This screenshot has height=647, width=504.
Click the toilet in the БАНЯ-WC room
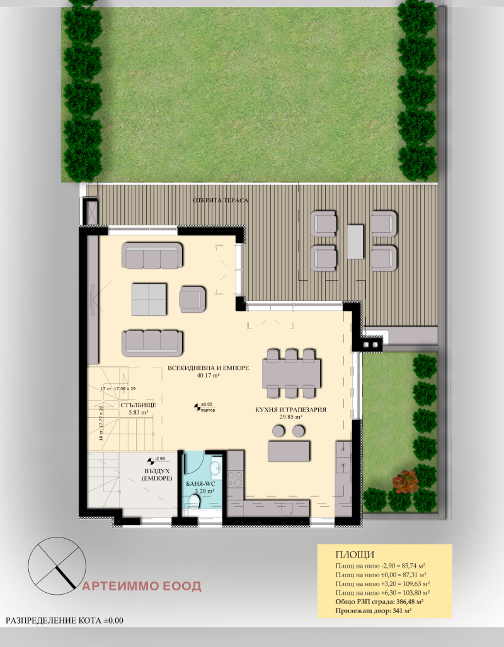click(x=194, y=502)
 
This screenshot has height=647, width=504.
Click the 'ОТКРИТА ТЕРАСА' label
click(x=220, y=200)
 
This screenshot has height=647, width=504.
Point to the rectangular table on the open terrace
click(x=355, y=242)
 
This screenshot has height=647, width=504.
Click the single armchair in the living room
click(x=192, y=298)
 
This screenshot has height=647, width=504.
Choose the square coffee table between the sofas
click(x=149, y=298)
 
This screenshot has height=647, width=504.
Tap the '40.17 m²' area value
click(x=207, y=376)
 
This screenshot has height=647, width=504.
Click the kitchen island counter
click(x=289, y=451)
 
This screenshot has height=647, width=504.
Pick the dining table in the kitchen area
click(x=292, y=374)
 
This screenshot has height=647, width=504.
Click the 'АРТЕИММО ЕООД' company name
click(x=142, y=587)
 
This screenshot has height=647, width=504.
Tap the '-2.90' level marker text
click(x=161, y=459)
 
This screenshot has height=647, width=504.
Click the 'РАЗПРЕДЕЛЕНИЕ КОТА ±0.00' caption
click(x=65, y=621)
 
